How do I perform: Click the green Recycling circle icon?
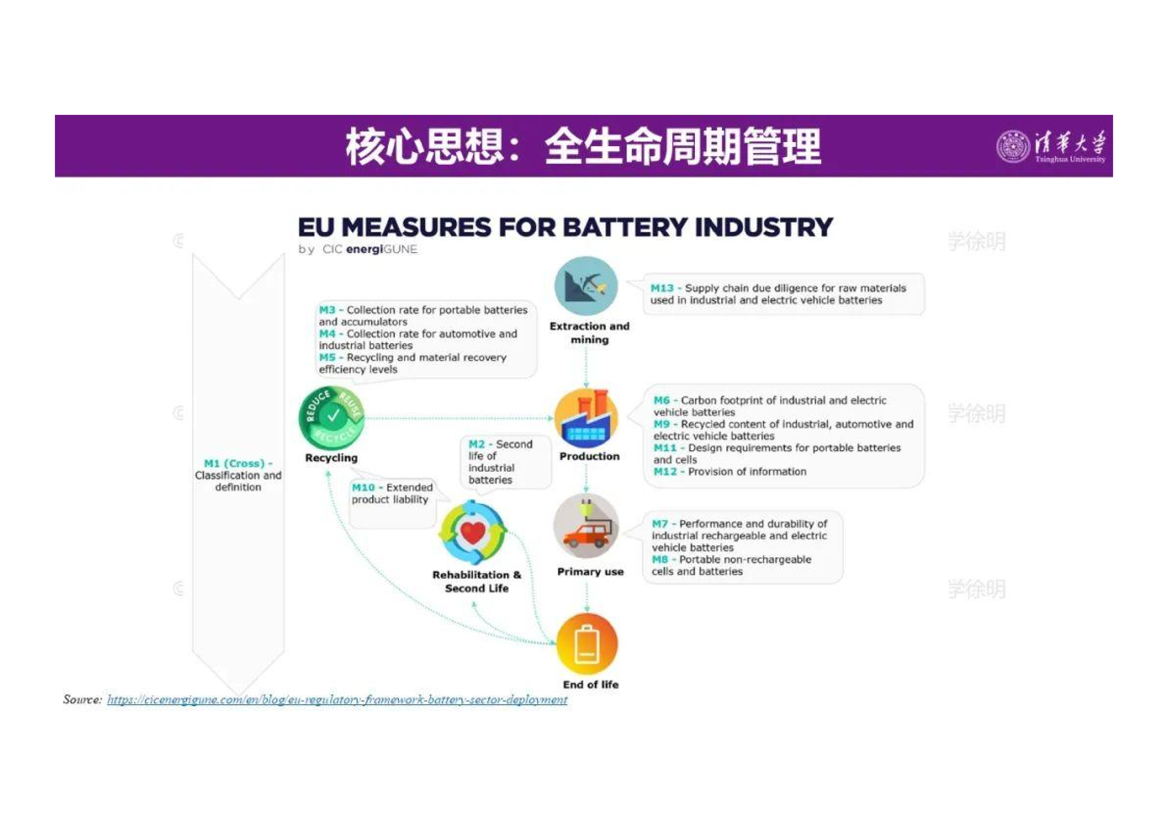[x=332, y=418]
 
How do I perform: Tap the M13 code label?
[x=662, y=288]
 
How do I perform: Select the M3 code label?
[x=327, y=310]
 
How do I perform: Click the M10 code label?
[x=363, y=487]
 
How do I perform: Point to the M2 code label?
[x=477, y=444]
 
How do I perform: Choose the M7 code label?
[x=660, y=523]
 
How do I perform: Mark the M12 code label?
[x=665, y=471]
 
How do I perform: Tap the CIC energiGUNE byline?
[x=358, y=249]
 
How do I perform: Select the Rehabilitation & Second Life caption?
[x=477, y=581]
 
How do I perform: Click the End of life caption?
[x=591, y=685]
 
